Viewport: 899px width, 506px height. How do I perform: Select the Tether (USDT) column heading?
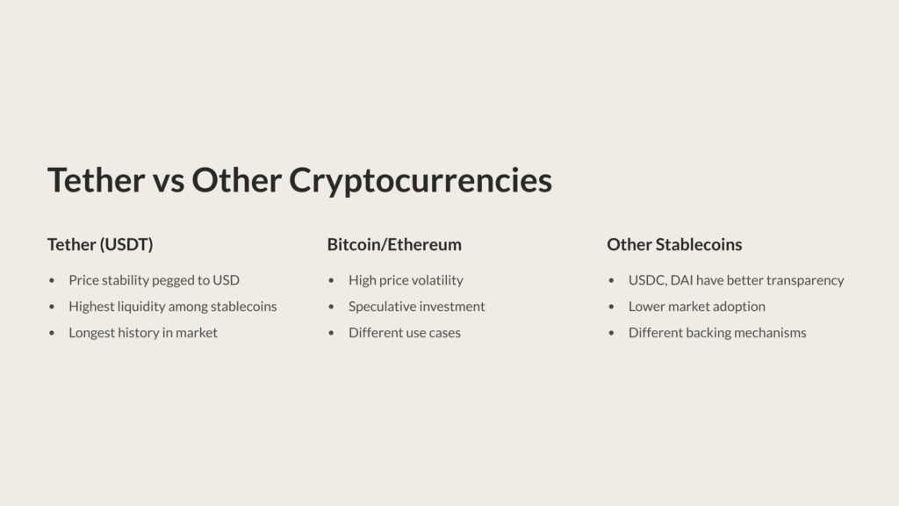100,244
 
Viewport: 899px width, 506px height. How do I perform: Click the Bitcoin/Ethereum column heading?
394,244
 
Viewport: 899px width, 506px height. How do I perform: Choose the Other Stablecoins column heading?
674,244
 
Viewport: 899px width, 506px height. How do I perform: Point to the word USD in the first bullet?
226,280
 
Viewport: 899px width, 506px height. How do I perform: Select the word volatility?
435,280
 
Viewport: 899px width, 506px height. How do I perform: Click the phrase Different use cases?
405,333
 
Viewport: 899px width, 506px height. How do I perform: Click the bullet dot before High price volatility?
332,281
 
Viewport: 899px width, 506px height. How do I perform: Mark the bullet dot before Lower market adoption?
612,307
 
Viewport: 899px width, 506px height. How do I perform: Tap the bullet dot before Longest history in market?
52,334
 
